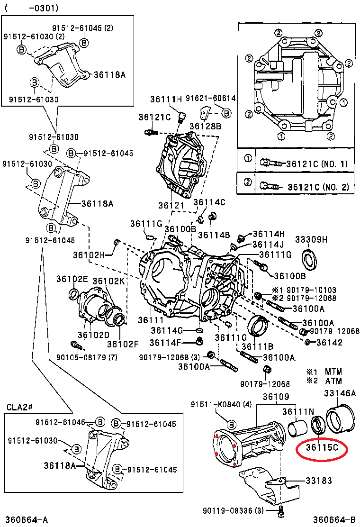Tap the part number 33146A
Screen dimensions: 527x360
[x=340, y=393]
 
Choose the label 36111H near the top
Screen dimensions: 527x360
[x=166, y=100]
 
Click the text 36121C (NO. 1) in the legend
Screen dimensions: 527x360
[x=317, y=164]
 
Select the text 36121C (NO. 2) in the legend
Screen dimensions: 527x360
[x=317, y=187]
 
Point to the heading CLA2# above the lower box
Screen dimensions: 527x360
[x=19, y=407]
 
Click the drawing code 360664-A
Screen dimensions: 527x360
[x=27, y=520]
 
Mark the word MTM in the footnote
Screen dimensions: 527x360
[x=333, y=372]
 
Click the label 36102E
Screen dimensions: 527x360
[x=72, y=279]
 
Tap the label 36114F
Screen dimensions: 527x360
[x=166, y=343]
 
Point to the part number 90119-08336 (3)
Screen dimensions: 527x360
[x=232, y=510]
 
